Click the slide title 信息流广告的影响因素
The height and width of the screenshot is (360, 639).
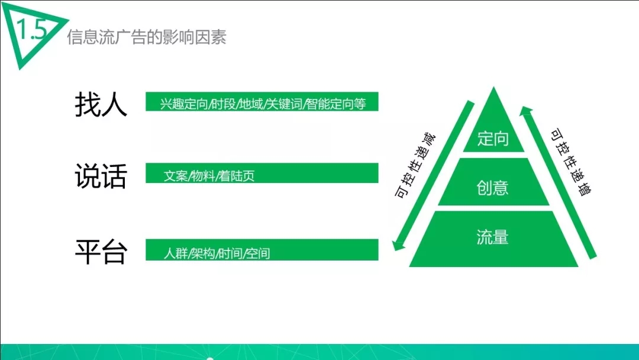pos(147,37)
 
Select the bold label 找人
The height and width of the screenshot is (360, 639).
pos(101,104)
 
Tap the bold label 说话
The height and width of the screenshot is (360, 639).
pos(101,176)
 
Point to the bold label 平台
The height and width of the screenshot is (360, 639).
pos(101,252)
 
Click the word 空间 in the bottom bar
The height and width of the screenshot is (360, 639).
pos(258,253)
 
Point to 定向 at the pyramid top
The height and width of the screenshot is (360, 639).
pos(493,139)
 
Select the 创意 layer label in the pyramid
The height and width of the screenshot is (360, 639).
pos(493,188)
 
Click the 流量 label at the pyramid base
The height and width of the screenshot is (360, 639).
pos(493,237)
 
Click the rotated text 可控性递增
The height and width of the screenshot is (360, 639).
pos(571,162)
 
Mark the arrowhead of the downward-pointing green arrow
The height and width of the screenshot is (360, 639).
pos(398,245)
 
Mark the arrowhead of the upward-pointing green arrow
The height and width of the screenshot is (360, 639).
pos(527,111)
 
